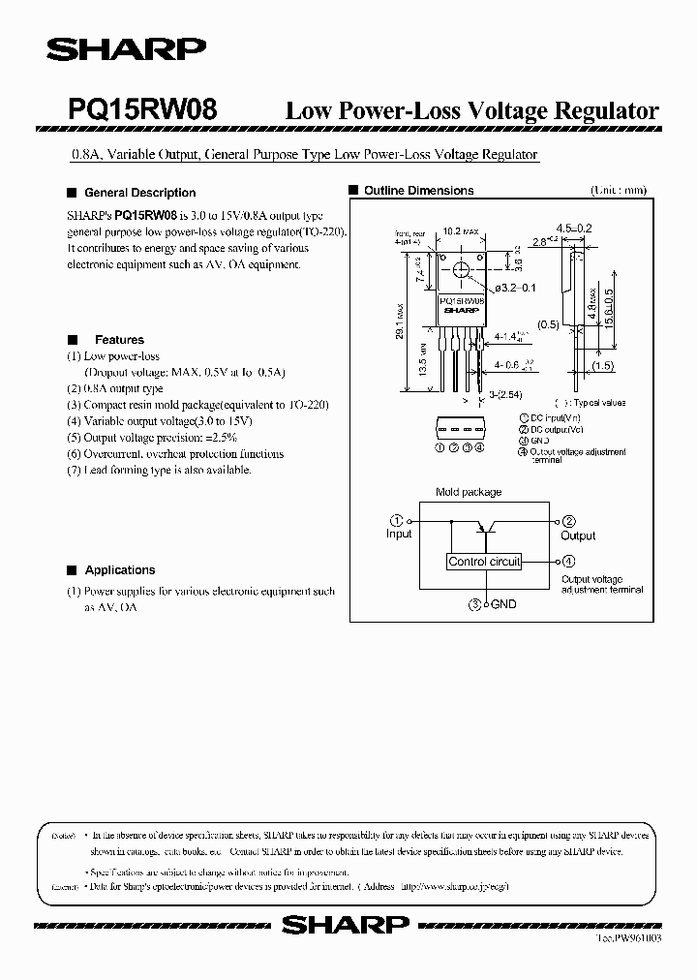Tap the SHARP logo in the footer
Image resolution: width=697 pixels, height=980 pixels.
[346, 926]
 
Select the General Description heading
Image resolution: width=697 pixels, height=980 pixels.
[139, 193]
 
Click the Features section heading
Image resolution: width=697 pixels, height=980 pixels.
[118, 340]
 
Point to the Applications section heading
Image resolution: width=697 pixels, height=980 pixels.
[119, 570]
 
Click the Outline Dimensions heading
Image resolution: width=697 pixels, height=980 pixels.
[418, 191]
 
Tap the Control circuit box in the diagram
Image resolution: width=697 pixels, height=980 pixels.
[484, 562]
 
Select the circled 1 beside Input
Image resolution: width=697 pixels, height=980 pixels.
[395, 520]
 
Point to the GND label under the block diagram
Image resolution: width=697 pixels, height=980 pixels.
[503, 604]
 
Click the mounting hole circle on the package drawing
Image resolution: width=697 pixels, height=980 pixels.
[461, 270]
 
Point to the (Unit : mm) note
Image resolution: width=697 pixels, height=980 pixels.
[618, 191]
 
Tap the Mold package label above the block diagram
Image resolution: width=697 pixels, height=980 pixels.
[469, 492]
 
